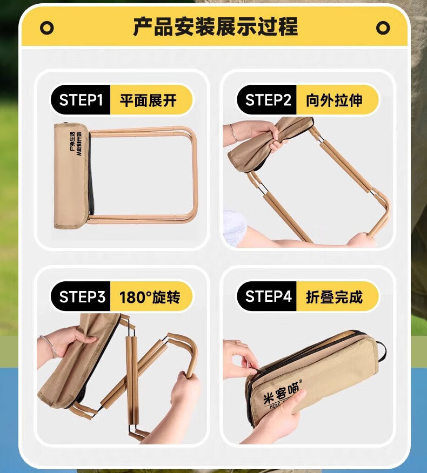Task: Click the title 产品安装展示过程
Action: (x=215, y=26)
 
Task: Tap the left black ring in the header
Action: (x=47, y=28)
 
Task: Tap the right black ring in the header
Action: (x=383, y=28)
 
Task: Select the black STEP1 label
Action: (x=81, y=100)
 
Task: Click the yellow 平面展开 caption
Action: (x=148, y=100)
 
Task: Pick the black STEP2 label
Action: (x=268, y=100)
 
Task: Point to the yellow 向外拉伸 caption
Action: (x=335, y=100)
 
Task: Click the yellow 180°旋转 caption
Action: (x=149, y=297)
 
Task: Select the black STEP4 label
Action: (x=268, y=296)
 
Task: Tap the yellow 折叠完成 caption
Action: (x=335, y=296)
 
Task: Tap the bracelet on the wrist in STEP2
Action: (x=233, y=132)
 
